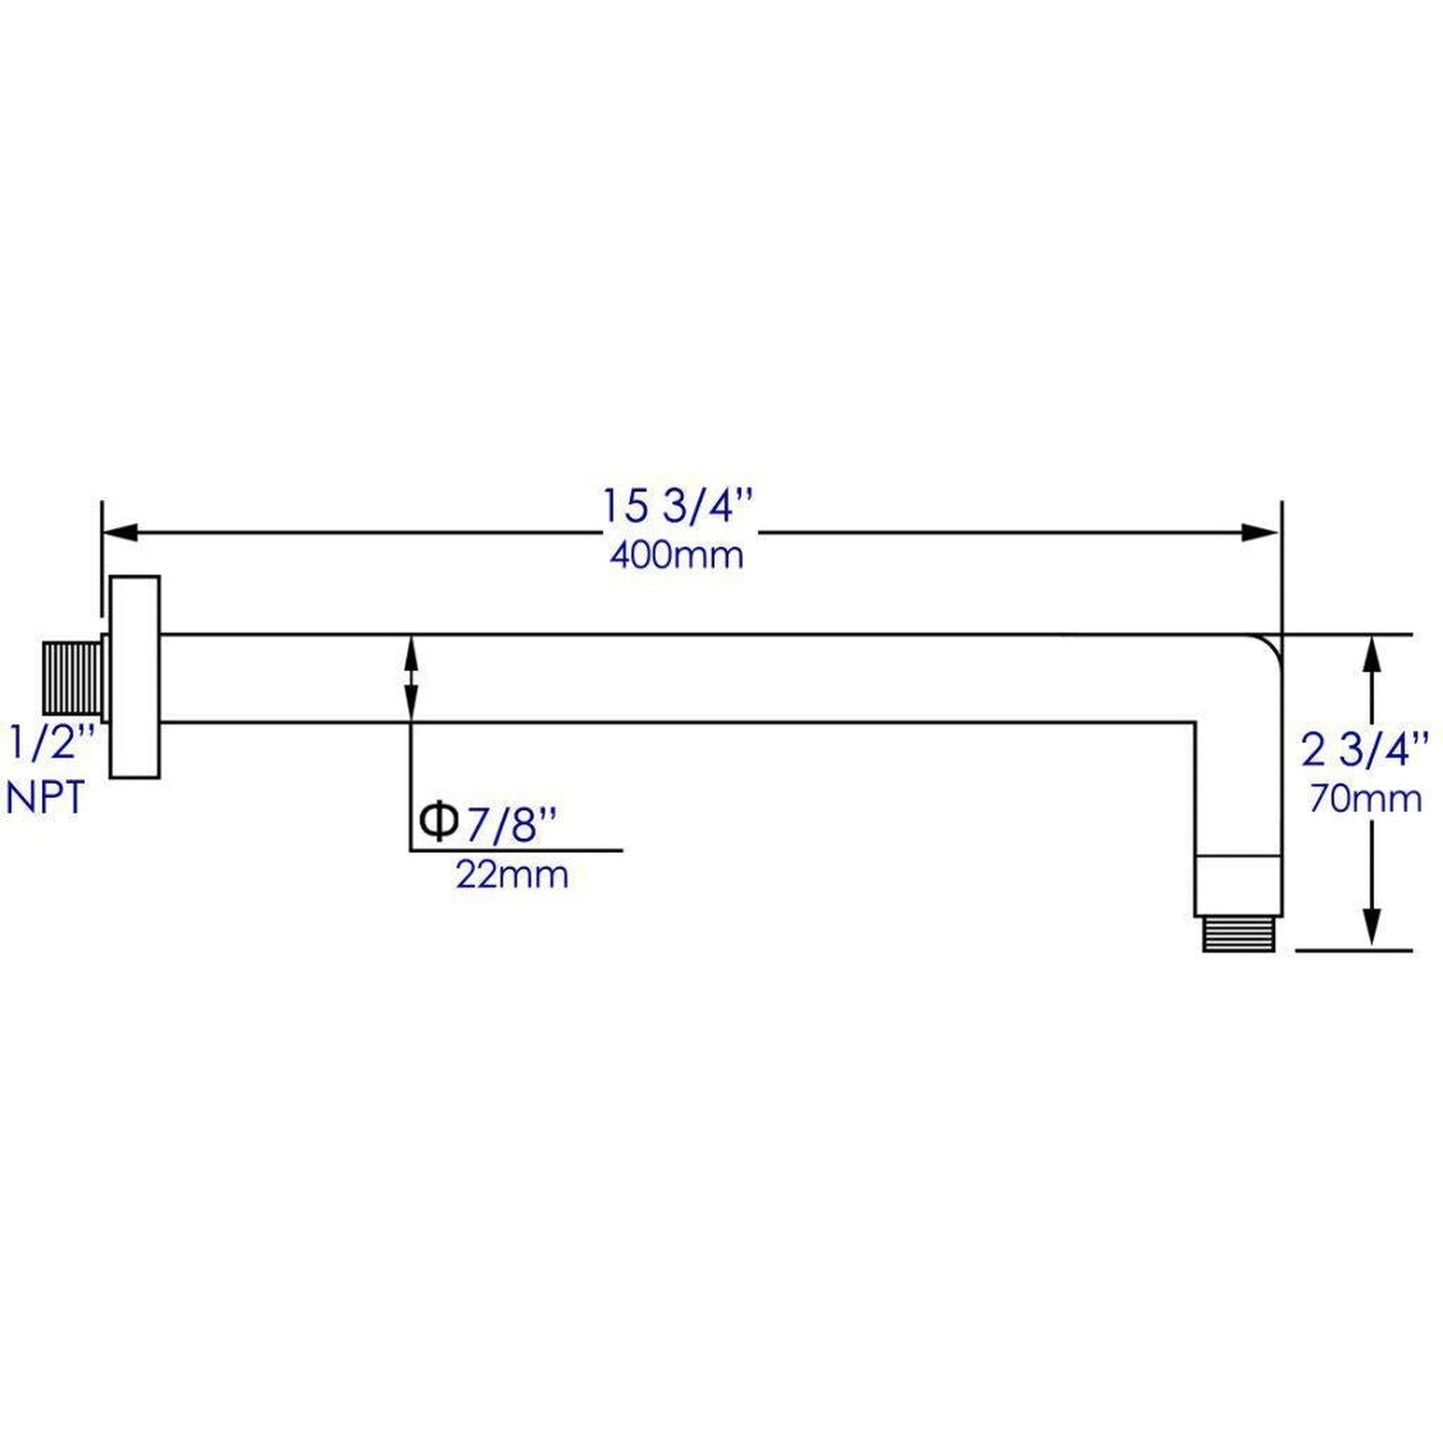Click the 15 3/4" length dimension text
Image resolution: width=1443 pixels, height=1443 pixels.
point(675,507)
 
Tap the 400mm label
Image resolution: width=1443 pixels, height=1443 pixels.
point(676,555)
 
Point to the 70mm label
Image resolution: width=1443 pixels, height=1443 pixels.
point(1365,798)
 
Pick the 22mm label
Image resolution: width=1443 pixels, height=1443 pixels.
point(511,875)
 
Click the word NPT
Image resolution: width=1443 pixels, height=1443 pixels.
point(46,798)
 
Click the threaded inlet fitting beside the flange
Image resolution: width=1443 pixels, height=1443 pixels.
point(70,677)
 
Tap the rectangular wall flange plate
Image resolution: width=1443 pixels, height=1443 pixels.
point(135,677)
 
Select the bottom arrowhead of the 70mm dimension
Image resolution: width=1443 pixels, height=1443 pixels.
point(1373,930)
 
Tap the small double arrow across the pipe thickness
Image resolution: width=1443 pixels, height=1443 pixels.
point(410,677)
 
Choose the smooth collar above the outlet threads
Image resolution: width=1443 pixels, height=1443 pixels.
point(1238,885)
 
